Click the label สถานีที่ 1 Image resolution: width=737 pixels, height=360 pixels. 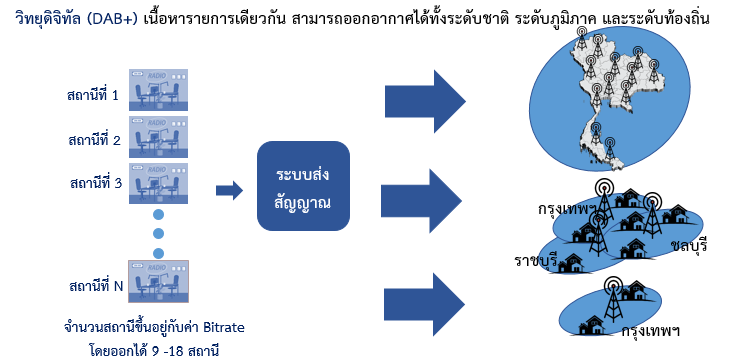pyautogui.click(x=93, y=95)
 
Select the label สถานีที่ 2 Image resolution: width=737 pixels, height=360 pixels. pyautogui.click(x=94, y=140)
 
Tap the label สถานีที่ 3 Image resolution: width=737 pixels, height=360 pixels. pyautogui.click(x=95, y=183)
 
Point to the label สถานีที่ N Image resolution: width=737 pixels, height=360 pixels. pyautogui.click(x=96, y=285)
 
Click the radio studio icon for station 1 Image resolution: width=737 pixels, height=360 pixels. pyautogui.click(x=158, y=90)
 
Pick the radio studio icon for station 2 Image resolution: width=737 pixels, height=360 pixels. pyautogui.click(x=158, y=137)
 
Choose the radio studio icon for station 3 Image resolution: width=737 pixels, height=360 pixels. pyautogui.click(x=158, y=183)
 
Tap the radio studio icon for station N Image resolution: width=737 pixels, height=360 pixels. pyautogui.click(x=158, y=282)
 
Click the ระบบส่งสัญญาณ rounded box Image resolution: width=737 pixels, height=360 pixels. pyautogui.click(x=303, y=186)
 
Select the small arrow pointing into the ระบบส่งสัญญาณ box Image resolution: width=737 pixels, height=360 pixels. pyautogui.click(x=229, y=190)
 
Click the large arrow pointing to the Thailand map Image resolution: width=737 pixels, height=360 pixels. pyautogui.click(x=425, y=101)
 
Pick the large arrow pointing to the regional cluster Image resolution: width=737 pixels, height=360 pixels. pyautogui.click(x=421, y=201)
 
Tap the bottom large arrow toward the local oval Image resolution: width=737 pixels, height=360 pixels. pyautogui.click(x=424, y=305)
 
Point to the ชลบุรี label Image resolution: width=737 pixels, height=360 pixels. pyautogui.click(x=690, y=246)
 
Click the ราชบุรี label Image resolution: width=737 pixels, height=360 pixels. pyautogui.click(x=536, y=260)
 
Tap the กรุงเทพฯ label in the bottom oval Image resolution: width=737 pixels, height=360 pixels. pyautogui.click(x=651, y=330)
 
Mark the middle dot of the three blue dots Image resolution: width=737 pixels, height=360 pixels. pyautogui.click(x=158, y=234)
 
